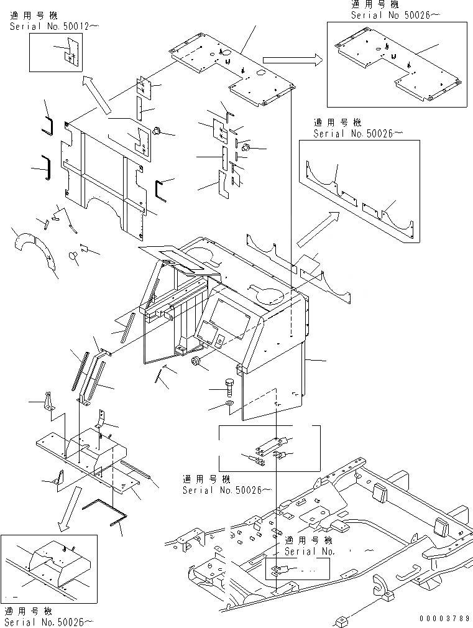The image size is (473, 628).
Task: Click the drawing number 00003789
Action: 444,619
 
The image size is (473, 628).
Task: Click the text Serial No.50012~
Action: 55,26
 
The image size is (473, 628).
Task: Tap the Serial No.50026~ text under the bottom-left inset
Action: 49,622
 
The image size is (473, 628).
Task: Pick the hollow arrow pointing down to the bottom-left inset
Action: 68,509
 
